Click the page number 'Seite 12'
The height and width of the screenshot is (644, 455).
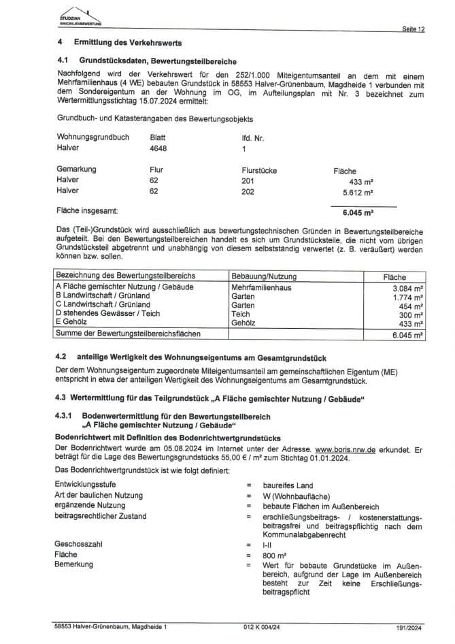[414, 29]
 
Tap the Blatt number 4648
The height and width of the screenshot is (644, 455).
[158, 147]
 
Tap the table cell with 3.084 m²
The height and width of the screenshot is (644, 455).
[408, 288]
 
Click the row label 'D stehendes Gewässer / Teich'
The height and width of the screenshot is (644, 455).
[107, 315]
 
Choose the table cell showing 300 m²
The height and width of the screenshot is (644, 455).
[412, 315]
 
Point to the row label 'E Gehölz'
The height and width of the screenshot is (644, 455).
[75, 323]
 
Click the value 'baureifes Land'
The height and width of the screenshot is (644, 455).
[288, 484]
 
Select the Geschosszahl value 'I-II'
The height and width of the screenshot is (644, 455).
[267, 545]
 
